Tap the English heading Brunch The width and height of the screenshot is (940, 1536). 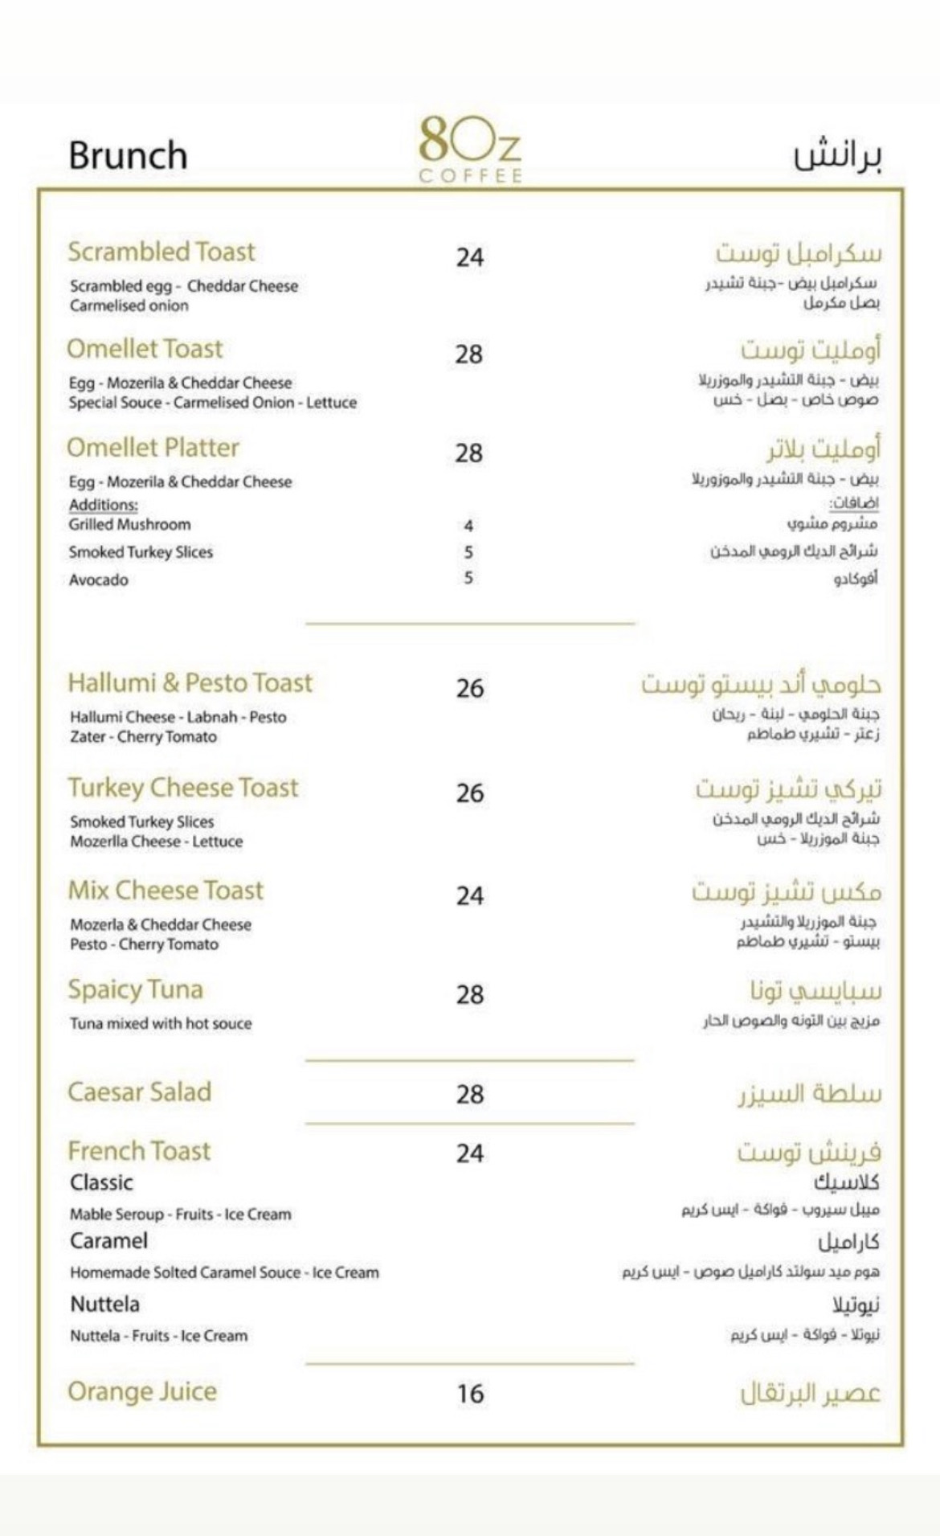128,155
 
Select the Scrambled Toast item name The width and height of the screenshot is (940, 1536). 161,252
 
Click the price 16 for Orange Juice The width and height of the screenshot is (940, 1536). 470,1393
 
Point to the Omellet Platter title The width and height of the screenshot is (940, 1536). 153,448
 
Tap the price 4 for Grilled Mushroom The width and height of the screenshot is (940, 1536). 468,526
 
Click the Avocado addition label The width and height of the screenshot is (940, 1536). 98,580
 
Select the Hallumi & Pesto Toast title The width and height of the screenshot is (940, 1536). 190,682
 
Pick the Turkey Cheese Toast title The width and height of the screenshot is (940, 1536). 182,787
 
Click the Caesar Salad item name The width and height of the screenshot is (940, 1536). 139,1092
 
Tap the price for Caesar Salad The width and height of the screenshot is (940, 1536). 470,1094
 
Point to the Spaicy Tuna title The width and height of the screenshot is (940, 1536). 135,989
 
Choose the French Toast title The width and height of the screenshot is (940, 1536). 139,1151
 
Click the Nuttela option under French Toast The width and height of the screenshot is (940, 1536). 104,1304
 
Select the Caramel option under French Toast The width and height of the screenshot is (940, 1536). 108,1240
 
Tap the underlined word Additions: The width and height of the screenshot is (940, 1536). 103,505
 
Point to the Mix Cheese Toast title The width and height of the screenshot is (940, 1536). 166,891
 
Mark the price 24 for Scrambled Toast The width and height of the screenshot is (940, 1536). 470,257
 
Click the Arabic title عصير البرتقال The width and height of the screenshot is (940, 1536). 810,1393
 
